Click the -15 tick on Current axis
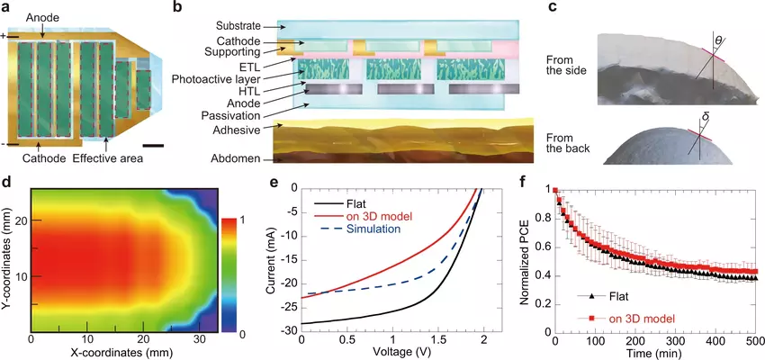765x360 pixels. [289, 258]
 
